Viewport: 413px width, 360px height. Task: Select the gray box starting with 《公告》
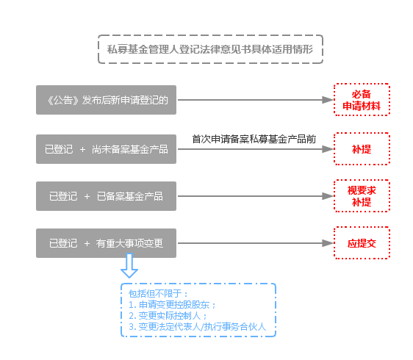pyautogui.click(x=106, y=100)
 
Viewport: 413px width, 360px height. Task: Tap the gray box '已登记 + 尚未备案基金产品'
pyautogui.click(x=106, y=149)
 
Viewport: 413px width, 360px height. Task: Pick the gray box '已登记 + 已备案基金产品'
pyautogui.click(x=106, y=196)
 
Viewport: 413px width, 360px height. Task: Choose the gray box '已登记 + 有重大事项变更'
pyautogui.click(x=106, y=243)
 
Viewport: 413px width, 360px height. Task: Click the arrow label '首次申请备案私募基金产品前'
pyautogui.click(x=254, y=139)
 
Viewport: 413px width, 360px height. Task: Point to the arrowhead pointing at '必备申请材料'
pyautogui.click(x=328, y=100)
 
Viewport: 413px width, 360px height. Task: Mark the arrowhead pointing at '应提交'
pyautogui.click(x=328, y=243)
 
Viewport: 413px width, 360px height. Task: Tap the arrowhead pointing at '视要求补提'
pyautogui.click(x=328, y=196)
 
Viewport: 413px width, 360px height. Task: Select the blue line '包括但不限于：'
pyautogui.click(x=159, y=293)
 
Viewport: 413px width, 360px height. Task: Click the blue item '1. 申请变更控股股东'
pyautogui.click(x=172, y=305)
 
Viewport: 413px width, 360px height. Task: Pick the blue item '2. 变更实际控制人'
pyautogui.click(x=168, y=316)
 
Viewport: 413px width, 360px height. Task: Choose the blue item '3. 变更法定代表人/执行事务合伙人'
pyautogui.click(x=197, y=327)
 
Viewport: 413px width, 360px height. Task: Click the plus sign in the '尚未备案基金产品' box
pyautogui.click(x=82, y=150)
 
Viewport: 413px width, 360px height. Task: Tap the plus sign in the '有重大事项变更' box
pyautogui.click(x=87, y=244)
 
